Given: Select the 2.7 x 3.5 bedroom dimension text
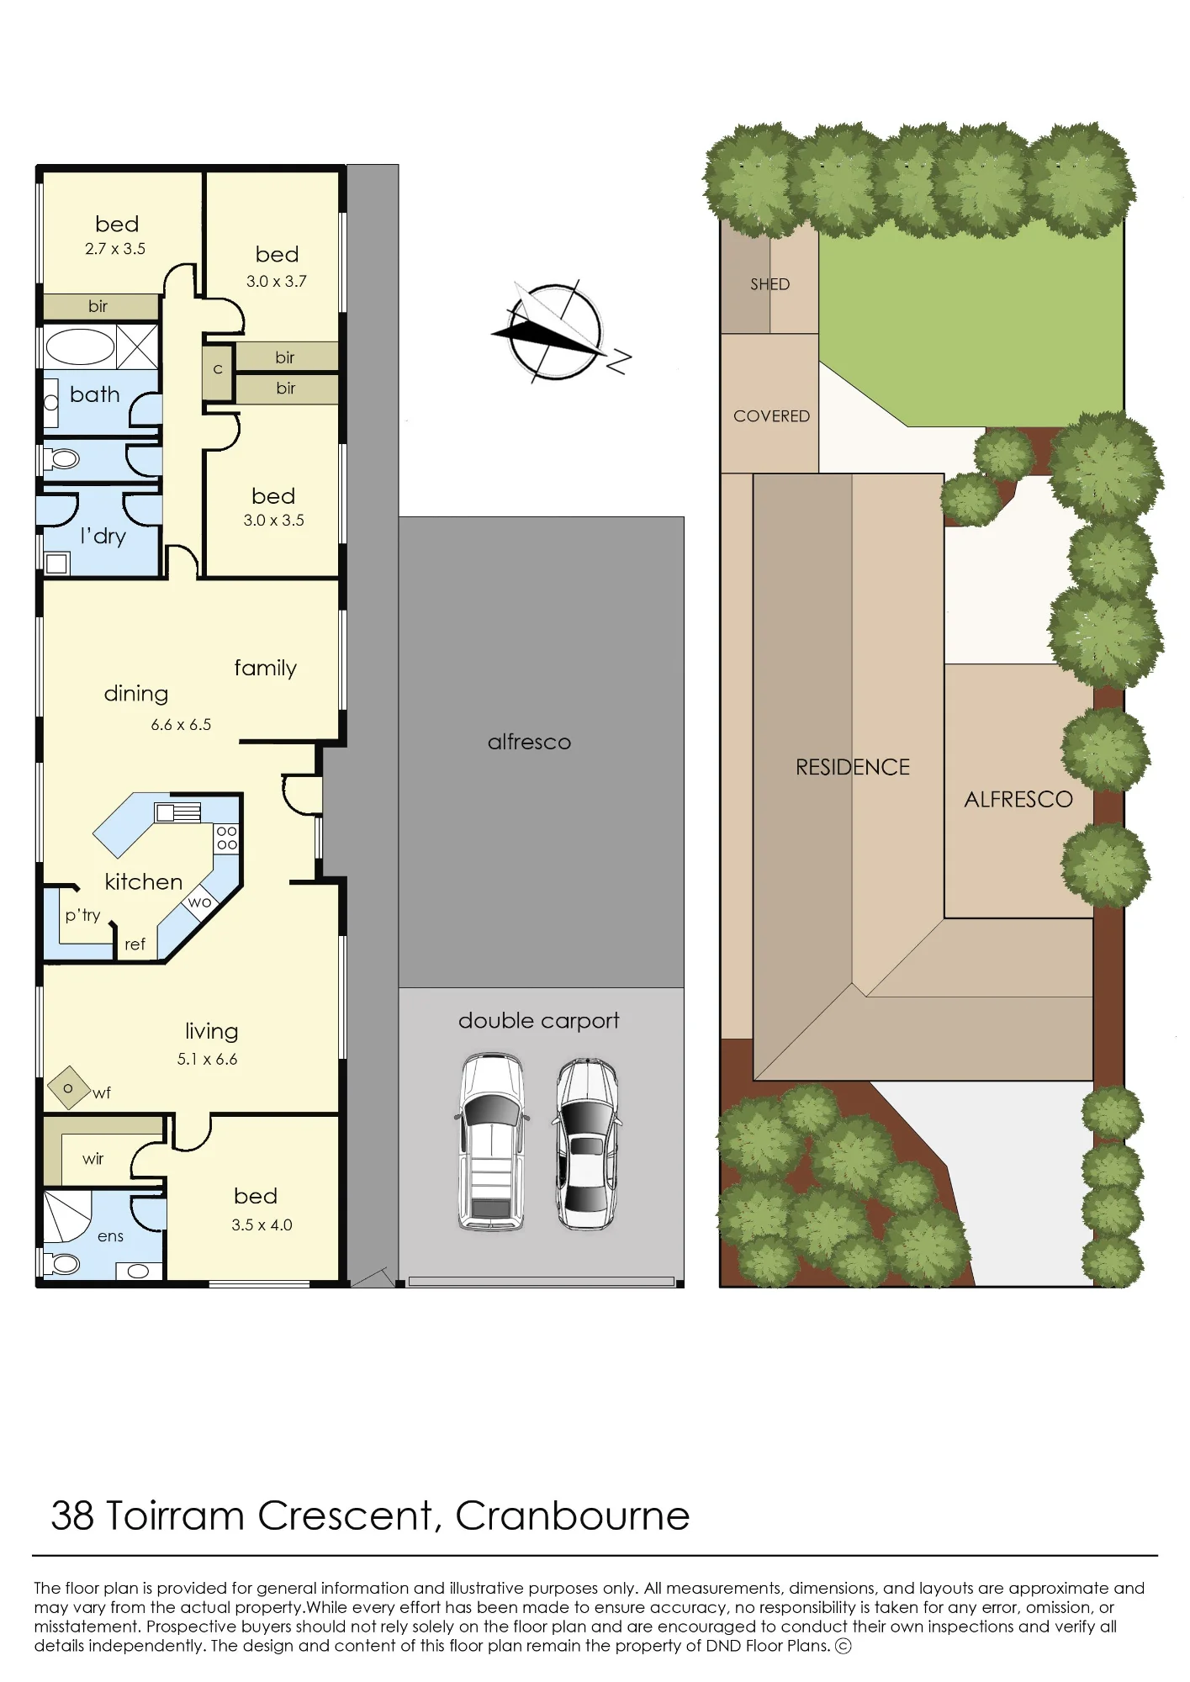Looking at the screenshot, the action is pyautogui.click(x=115, y=249).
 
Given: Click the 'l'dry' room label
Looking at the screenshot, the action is pyautogui.click(x=103, y=536).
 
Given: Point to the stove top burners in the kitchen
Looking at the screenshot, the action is pyautogui.click(x=227, y=838).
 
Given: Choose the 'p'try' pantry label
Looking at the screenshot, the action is pyautogui.click(x=82, y=916).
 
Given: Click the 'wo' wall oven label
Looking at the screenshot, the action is pyautogui.click(x=200, y=902).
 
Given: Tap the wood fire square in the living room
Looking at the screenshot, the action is pyautogui.click(x=68, y=1089).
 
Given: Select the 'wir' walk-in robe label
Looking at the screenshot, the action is pyautogui.click(x=93, y=1159).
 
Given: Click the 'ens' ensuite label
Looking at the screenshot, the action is pyautogui.click(x=110, y=1236).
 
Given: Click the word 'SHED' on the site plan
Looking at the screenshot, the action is pyautogui.click(x=770, y=284).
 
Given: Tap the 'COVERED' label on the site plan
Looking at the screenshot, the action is pyautogui.click(x=771, y=416).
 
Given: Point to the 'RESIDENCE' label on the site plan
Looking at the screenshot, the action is pyautogui.click(x=853, y=767).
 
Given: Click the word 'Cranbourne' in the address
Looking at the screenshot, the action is pyautogui.click(x=573, y=1516).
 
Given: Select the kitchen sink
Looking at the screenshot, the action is pyautogui.click(x=177, y=812).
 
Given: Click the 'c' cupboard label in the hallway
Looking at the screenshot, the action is pyautogui.click(x=218, y=369).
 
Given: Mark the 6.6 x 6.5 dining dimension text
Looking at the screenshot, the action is pyautogui.click(x=181, y=724).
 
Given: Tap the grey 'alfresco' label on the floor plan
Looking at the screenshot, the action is pyautogui.click(x=529, y=742).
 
